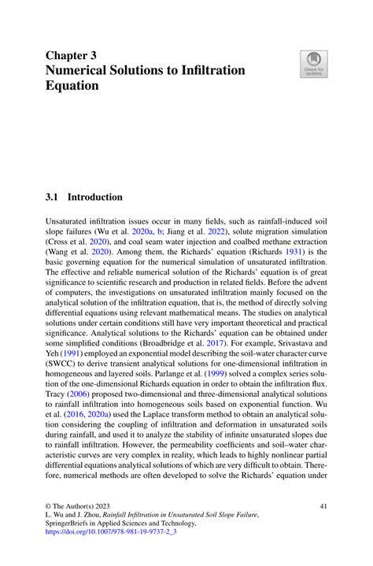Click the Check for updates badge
pyautogui.click(x=313, y=64)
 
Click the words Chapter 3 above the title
pyautogui.click(x=72, y=57)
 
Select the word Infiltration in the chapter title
pyautogui.click(x=212, y=71)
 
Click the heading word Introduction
pyautogui.click(x=94, y=197)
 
